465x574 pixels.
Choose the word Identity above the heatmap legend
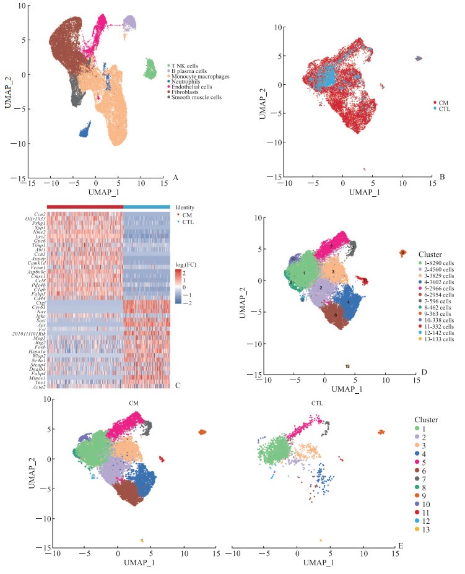pos(185,207)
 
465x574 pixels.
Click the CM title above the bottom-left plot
pos(133,404)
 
